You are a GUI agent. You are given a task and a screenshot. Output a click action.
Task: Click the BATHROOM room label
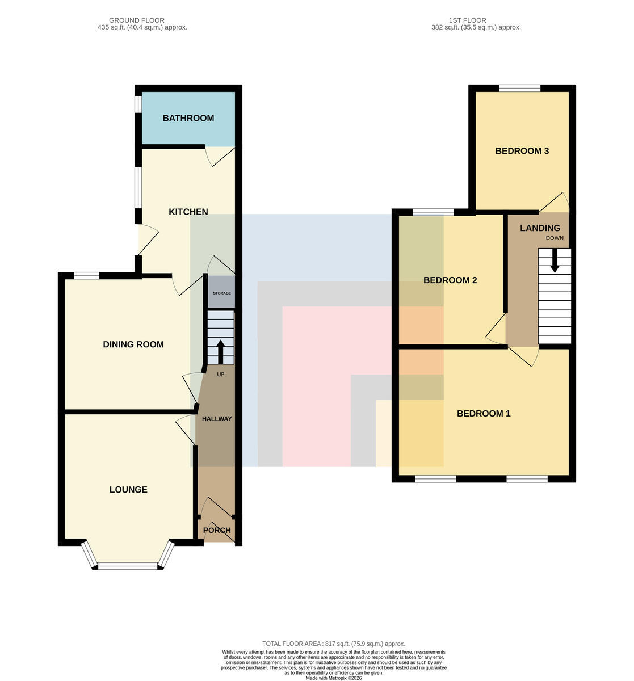click(x=188, y=118)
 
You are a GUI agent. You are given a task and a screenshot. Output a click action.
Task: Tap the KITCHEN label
click(x=188, y=212)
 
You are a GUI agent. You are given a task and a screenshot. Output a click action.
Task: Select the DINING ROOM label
click(x=133, y=344)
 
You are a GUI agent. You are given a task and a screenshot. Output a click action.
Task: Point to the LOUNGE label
click(x=128, y=490)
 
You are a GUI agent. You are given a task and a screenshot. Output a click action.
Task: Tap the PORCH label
click(x=217, y=531)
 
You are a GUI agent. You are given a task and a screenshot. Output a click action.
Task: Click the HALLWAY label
click(x=217, y=419)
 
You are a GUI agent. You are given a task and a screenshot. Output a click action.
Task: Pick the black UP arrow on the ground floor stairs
click(x=221, y=352)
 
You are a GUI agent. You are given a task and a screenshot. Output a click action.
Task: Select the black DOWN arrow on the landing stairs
click(x=555, y=260)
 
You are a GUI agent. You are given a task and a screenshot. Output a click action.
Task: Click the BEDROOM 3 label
click(x=522, y=151)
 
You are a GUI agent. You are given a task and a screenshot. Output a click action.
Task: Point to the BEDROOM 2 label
click(x=450, y=280)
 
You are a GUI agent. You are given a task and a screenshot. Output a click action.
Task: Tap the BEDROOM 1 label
click(x=484, y=414)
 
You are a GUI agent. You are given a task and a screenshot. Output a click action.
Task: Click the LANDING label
click(x=540, y=228)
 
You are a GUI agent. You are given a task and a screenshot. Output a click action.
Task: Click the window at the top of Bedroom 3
click(x=520, y=88)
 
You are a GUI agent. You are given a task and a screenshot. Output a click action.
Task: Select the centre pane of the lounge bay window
click(x=128, y=566)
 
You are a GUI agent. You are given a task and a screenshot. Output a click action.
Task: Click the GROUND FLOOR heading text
click(x=137, y=20)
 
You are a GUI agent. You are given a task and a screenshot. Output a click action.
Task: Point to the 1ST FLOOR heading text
click(x=468, y=20)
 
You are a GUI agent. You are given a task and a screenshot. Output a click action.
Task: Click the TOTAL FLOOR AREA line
click(x=334, y=644)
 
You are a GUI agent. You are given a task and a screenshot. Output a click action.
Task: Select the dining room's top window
click(x=86, y=276)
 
